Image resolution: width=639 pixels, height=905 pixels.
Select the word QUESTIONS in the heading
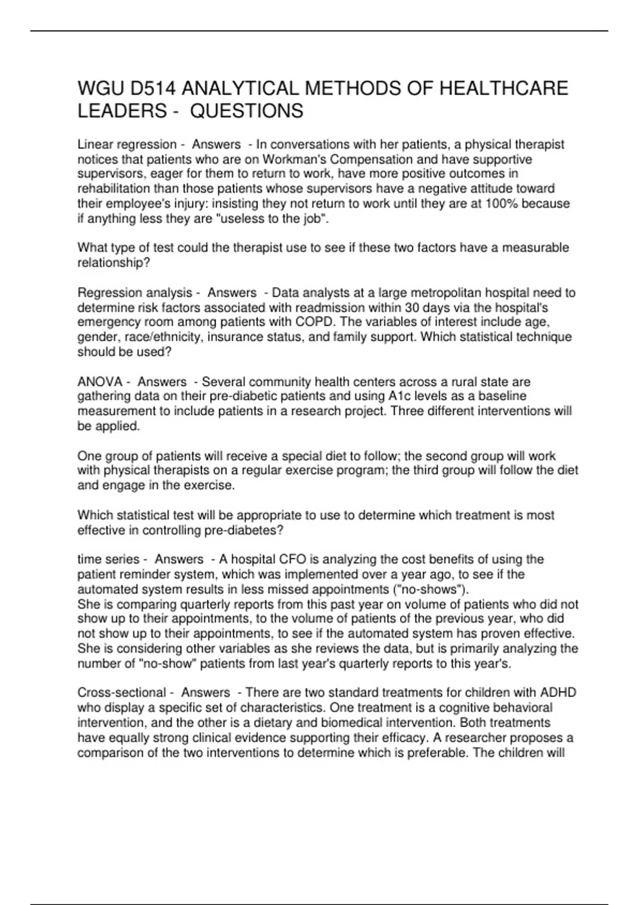coord(247,111)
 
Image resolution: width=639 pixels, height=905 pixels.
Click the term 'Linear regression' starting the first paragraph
coord(127,144)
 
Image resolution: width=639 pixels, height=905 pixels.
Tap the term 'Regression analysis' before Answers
coord(135,292)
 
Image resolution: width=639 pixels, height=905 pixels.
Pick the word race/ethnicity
coord(163,337)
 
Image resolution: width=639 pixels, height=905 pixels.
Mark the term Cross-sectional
coord(122,693)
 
